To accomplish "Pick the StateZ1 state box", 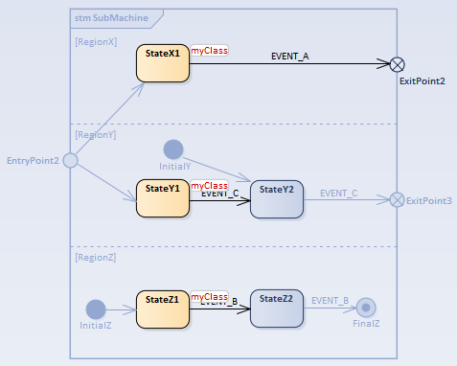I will (163, 309).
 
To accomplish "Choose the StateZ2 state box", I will (276, 309).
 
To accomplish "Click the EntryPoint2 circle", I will (70, 161).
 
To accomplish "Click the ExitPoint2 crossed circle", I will (397, 64).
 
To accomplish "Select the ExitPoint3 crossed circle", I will (397, 200).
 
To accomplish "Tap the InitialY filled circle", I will (173, 149).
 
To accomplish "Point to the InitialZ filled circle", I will (96, 309).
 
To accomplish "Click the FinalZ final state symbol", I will (365, 309).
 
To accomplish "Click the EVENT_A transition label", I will (291, 57).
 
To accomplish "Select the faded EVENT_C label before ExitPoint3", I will (338, 193).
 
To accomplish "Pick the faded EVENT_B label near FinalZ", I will (330, 300).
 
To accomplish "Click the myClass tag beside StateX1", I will (209, 50).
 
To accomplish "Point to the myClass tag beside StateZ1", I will (209, 297).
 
